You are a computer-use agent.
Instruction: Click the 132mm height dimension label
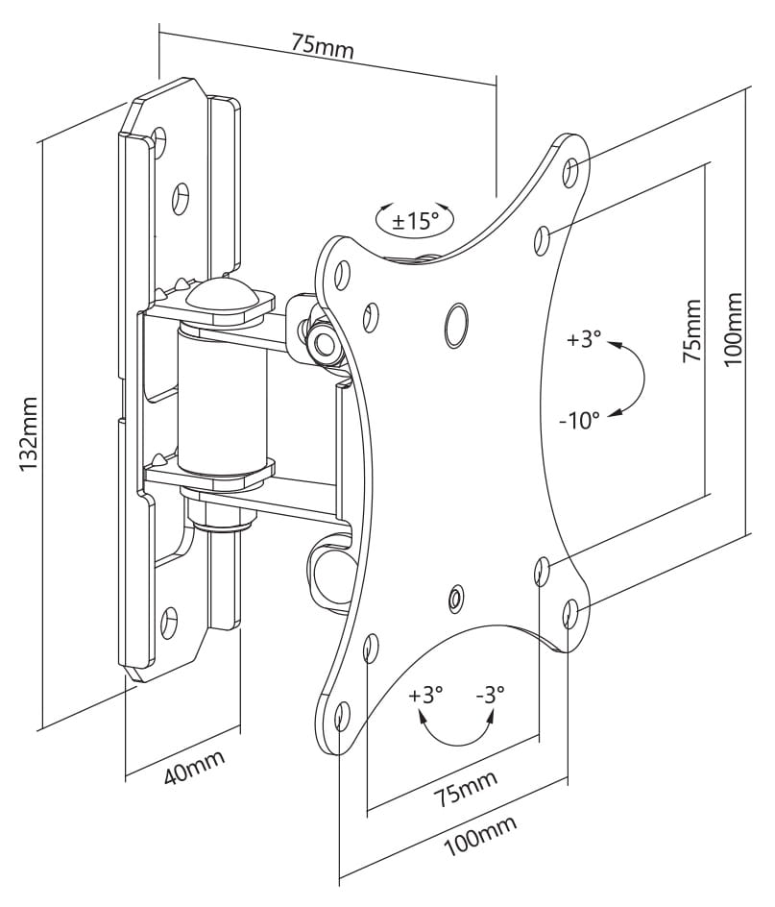28,434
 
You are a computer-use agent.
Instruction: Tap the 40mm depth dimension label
194,767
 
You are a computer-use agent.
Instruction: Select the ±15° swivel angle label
415,220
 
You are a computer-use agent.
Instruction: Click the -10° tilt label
579,420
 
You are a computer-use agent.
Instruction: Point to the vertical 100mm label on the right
734,328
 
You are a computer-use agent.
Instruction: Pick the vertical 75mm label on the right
691,331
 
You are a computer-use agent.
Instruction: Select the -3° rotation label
491,693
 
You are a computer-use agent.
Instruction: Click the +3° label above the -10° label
584,339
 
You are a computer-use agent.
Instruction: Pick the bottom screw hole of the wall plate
169,622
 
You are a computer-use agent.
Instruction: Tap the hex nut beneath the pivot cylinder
221,516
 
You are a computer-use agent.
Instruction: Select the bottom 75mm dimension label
465,787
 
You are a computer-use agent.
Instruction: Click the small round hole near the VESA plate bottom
456,597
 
